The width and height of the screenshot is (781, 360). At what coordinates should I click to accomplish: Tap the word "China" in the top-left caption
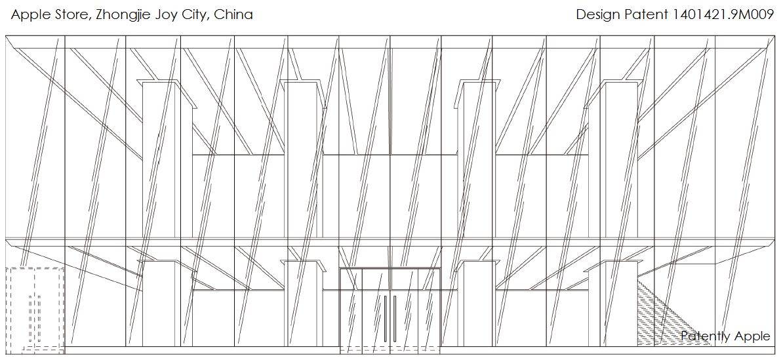233,14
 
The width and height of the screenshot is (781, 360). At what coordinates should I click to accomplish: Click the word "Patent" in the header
645,14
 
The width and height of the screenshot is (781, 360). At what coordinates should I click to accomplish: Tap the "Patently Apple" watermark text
725,336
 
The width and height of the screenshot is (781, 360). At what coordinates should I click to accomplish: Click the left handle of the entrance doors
385,318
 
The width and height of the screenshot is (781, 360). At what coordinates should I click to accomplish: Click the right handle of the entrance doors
395,318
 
